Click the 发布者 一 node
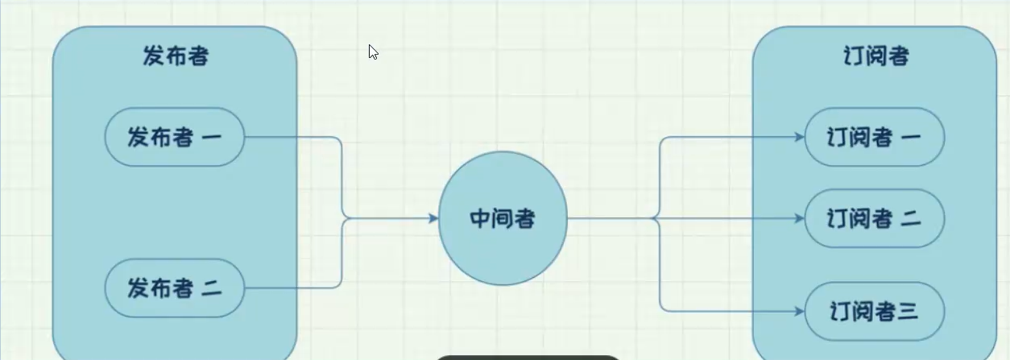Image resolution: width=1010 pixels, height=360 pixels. tap(175, 137)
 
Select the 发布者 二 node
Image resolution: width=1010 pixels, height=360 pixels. tap(175, 288)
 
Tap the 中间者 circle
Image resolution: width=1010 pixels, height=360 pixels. tap(503, 218)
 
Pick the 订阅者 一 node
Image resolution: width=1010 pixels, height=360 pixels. tap(874, 137)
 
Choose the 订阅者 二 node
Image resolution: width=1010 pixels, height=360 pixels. tap(874, 218)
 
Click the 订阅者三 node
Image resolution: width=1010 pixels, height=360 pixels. tap(874, 312)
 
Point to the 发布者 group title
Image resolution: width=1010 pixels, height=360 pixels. tap(176, 56)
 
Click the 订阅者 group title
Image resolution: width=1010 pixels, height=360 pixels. tap(876, 56)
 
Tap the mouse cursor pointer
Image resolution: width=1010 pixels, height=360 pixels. tap(373, 52)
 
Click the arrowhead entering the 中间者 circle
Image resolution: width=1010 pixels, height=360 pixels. tap(433, 218)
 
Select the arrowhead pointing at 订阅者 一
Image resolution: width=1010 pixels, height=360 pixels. tap(800, 137)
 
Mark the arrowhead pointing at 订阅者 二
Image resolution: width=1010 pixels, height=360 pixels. tap(800, 218)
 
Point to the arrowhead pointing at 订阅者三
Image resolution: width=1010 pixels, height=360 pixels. tap(800, 312)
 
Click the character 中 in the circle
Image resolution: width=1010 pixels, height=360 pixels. tap(480, 218)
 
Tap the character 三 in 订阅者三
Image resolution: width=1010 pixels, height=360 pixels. tap(908, 312)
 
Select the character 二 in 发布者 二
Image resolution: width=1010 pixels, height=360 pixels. tap(212, 288)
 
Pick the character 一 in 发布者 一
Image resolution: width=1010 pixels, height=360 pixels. tap(212, 137)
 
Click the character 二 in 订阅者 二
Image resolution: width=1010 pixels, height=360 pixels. tap(911, 219)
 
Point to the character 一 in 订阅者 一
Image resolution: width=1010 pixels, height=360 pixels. tap(911, 137)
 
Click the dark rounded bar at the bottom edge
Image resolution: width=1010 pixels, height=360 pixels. tap(528, 358)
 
